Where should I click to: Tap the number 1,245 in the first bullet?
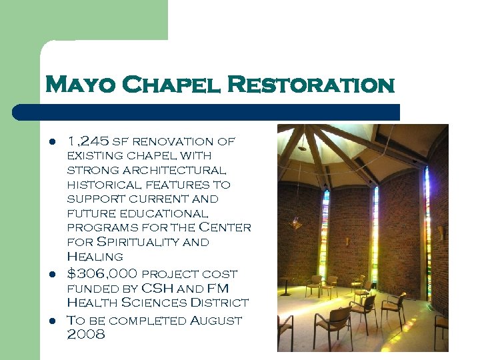pyautogui.click(x=88, y=141)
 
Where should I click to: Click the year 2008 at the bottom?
pyautogui.click(x=86, y=335)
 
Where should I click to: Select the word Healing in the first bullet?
pyautogui.click(x=95, y=257)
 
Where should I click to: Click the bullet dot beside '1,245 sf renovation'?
pyautogui.click(x=51, y=142)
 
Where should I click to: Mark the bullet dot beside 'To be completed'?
pyautogui.click(x=51, y=321)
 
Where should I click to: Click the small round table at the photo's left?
pyautogui.click(x=286, y=283)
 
